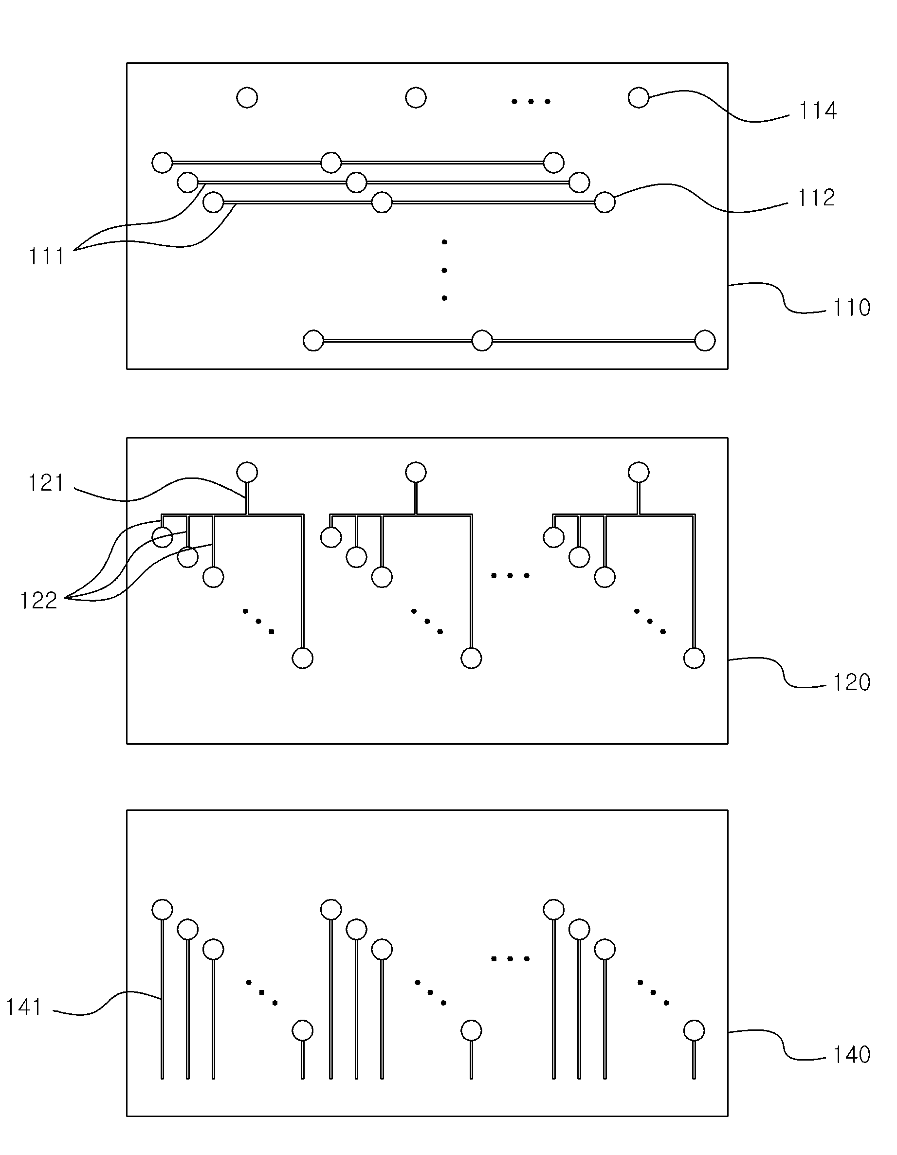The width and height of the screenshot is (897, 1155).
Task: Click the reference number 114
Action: click(818, 111)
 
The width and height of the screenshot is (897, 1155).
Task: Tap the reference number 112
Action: click(816, 198)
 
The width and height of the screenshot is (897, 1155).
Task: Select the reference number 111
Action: click(47, 257)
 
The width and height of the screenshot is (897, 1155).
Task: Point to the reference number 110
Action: click(852, 308)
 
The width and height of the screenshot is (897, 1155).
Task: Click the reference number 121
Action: click(46, 483)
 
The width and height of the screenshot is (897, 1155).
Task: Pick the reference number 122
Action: click(38, 601)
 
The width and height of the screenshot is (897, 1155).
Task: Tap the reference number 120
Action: click(852, 683)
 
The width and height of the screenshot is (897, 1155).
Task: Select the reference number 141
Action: click(24, 1007)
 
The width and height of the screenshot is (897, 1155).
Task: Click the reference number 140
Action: click(852, 1055)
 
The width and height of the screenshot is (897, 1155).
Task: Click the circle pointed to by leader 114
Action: click(639, 98)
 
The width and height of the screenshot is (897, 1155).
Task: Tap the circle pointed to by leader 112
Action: click(604, 202)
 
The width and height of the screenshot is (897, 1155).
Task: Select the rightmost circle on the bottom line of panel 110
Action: click(704, 341)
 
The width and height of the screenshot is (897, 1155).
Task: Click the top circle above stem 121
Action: click(247, 472)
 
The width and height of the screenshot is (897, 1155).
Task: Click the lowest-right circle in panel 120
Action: click(694, 659)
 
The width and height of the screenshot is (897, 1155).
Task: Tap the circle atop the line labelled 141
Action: click(162, 910)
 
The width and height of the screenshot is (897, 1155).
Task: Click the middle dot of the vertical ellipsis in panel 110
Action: click(444, 270)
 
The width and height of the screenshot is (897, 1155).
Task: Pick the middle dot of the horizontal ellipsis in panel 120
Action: click(511, 575)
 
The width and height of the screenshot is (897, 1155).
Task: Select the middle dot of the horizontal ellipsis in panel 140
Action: click(511, 959)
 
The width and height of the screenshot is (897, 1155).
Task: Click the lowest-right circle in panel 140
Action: click(694, 1031)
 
